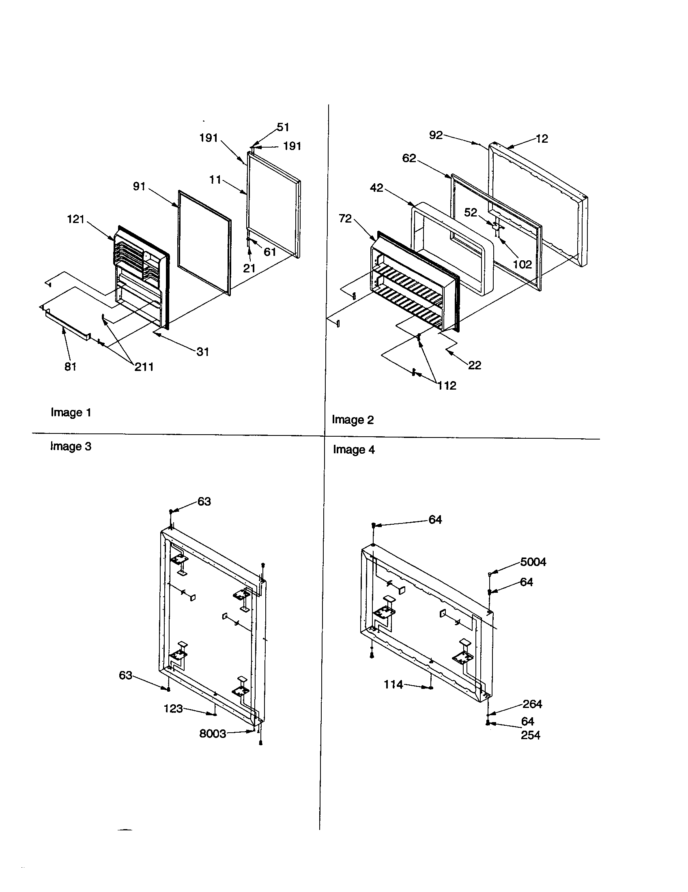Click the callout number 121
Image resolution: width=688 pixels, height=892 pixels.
(x=75, y=220)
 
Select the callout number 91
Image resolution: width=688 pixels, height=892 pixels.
(x=139, y=187)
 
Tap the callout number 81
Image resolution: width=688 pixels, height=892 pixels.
(x=71, y=367)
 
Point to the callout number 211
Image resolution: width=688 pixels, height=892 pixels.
(x=144, y=367)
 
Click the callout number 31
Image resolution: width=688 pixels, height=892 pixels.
(x=203, y=352)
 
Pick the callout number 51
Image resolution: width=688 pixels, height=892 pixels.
(x=283, y=127)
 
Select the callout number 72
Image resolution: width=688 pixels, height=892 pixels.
(x=345, y=219)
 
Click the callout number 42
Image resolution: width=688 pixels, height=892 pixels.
(x=376, y=188)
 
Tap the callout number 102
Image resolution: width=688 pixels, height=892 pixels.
(x=522, y=265)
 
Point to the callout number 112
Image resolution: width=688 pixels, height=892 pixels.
(x=447, y=386)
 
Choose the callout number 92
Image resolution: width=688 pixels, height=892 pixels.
(x=436, y=135)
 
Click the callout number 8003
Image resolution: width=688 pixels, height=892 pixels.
(x=213, y=734)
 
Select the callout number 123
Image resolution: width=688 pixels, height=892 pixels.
(x=173, y=709)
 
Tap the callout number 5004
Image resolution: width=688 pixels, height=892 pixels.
(x=533, y=562)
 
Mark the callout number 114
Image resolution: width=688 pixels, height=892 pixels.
(x=393, y=684)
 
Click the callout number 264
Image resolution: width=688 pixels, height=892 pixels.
(x=532, y=704)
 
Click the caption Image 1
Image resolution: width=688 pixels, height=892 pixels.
(x=71, y=412)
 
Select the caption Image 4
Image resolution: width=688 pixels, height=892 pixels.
(x=353, y=450)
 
